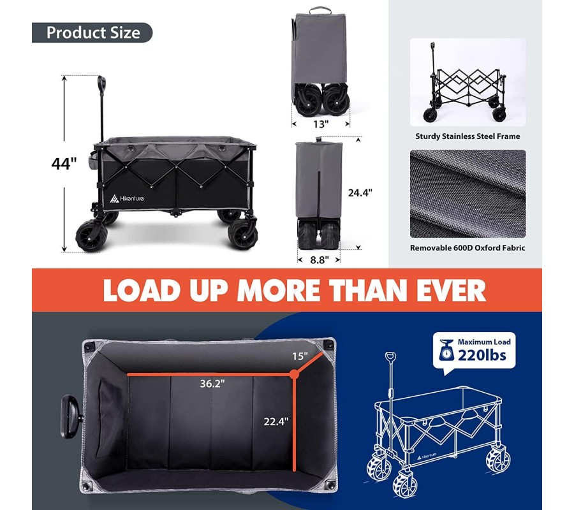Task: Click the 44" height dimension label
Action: pyautogui.click(x=64, y=164)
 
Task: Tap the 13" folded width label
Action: pyautogui.click(x=321, y=124)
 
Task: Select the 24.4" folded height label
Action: pyautogui.click(x=360, y=193)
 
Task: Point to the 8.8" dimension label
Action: pyautogui.click(x=320, y=259)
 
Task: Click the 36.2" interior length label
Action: pyautogui.click(x=212, y=384)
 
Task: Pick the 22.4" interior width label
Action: pyautogui.click(x=276, y=421)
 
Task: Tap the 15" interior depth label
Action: pyautogui.click(x=300, y=356)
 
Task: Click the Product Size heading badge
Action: pyautogui.click(x=92, y=33)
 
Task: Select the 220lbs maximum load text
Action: pyautogui.click(x=482, y=355)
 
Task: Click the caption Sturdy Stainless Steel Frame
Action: pyautogui.click(x=467, y=136)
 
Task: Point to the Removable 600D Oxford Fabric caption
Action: pyautogui.click(x=467, y=248)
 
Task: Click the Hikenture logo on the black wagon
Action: pyautogui.click(x=127, y=198)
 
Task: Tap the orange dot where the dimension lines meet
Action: pyautogui.click(x=293, y=374)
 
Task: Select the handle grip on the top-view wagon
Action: pyautogui.click(x=70, y=417)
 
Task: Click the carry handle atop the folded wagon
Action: pyautogui.click(x=320, y=10)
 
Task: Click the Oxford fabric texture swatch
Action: pyautogui.click(x=468, y=194)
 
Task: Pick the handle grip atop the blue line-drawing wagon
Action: pyautogui.click(x=390, y=357)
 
